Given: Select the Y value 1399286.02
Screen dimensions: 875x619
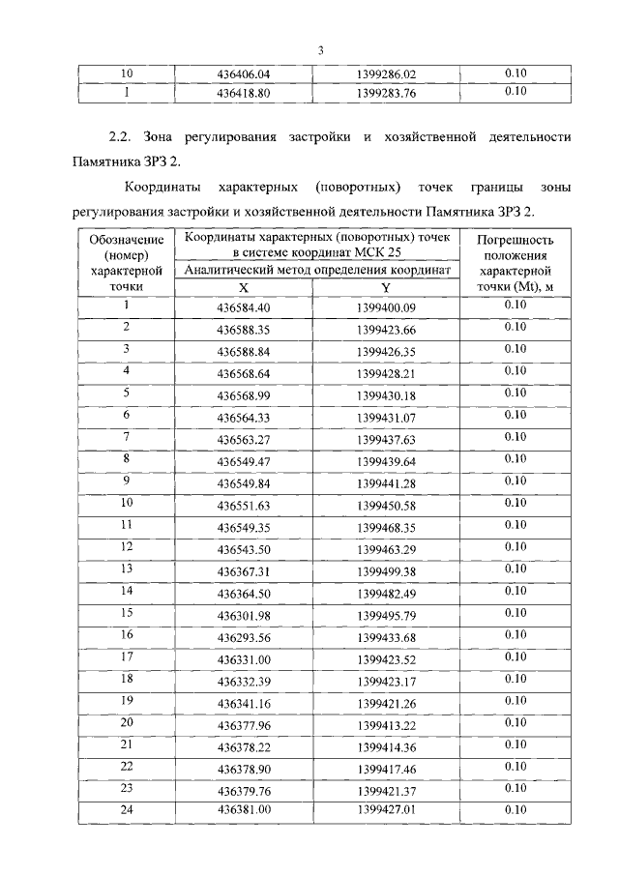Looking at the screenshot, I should [x=385, y=73].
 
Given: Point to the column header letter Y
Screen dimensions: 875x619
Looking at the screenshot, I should [x=385, y=287].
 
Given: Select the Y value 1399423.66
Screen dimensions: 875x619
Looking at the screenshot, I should [x=385, y=331].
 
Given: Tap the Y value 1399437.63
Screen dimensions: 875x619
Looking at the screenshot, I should [x=385, y=440].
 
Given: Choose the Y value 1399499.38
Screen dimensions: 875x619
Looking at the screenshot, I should [x=385, y=571].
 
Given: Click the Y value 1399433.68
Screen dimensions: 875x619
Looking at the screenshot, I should [x=385, y=637].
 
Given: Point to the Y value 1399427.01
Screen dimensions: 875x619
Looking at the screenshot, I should [x=385, y=812].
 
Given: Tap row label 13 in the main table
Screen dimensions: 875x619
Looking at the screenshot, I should [x=126, y=569].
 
